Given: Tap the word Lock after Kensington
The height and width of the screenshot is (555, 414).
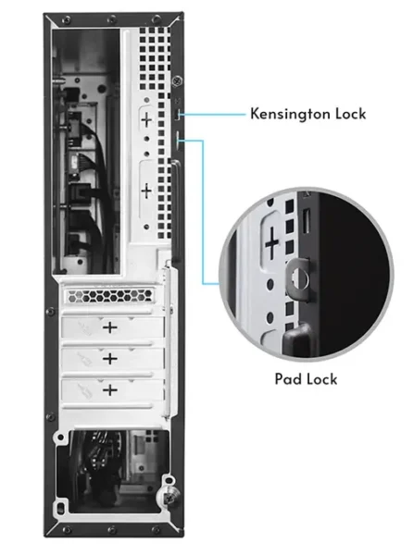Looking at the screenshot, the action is [351, 114].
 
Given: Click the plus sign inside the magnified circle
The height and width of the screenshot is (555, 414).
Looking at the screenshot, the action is [272, 242].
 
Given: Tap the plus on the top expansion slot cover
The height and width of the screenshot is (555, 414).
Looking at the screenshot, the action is [110, 327].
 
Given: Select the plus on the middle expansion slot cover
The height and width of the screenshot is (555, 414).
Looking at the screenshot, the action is [110, 359].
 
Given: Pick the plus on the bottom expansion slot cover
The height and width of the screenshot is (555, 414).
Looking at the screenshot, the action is [110, 390].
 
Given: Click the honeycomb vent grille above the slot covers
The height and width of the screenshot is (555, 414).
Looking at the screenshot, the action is [110, 296].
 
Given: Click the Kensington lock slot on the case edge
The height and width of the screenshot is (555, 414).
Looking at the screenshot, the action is [179, 114].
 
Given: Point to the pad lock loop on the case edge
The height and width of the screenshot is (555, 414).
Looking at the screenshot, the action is [179, 139].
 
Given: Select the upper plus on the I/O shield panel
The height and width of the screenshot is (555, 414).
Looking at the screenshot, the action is [146, 120].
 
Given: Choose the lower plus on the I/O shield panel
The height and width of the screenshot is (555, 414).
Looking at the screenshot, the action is [146, 191].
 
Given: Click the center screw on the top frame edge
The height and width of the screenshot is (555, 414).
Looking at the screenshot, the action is [111, 18].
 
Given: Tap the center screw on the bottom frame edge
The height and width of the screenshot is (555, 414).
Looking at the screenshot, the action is [111, 530].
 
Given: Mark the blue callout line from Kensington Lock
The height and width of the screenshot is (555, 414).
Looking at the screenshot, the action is [213, 115].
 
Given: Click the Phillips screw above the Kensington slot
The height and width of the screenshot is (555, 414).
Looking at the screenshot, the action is [177, 81].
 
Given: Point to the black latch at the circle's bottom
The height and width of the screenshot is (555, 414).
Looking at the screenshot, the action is [297, 338].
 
